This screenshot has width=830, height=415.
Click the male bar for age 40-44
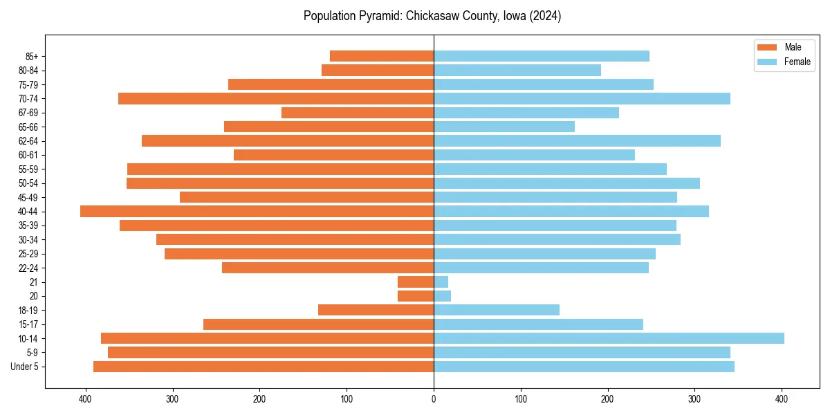(257, 212)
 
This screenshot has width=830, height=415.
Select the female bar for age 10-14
(609, 338)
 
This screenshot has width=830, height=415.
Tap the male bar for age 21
(416, 282)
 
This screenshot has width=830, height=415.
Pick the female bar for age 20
(442, 296)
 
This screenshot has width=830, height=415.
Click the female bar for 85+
(542, 56)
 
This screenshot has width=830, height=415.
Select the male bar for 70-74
(276, 98)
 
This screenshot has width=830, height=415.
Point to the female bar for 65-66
(504, 127)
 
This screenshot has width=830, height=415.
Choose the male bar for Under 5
(264, 367)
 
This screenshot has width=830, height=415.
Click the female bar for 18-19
(497, 310)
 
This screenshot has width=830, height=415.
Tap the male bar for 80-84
(378, 71)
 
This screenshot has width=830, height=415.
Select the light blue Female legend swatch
(768, 62)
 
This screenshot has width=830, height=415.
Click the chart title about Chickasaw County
(432, 16)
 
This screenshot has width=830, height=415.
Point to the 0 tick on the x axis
(434, 399)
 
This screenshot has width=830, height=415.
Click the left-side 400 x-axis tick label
(85, 399)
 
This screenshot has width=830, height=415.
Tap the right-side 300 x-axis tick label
(694, 399)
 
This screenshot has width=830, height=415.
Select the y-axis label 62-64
(28, 141)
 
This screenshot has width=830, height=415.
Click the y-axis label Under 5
(24, 367)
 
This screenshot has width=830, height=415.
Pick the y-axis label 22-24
(28, 268)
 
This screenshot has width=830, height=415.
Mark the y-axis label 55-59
(28, 169)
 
